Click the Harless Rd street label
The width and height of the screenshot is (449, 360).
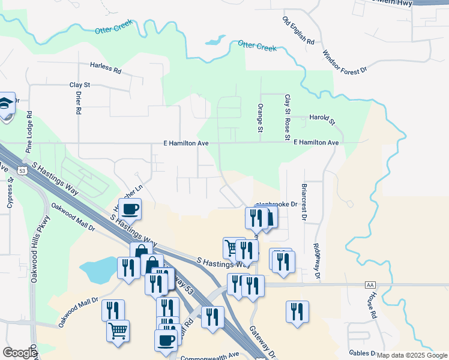pyautogui.click(x=106, y=68)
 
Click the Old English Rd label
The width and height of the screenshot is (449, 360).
pyautogui.click(x=298, y=31)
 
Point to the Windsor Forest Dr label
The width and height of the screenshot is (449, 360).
pyautogui.click(x=345, y=62)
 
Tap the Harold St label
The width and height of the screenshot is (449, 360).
pyautogui.click(x=322, y=118)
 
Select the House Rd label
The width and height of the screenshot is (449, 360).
pyautogui.click(x=372, y=305)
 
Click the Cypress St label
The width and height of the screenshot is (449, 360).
pyautogui.click(x=10, y=193)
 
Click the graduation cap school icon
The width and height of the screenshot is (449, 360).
pyautogui.click(x=6, y=105)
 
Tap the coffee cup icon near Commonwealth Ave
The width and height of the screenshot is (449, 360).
pyautogui.click(x=166, y=340)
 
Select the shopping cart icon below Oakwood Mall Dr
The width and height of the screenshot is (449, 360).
pyautogui.click(x=118, y=329)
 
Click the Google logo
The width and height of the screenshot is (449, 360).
pyautogui.click(x=20, y=352)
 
